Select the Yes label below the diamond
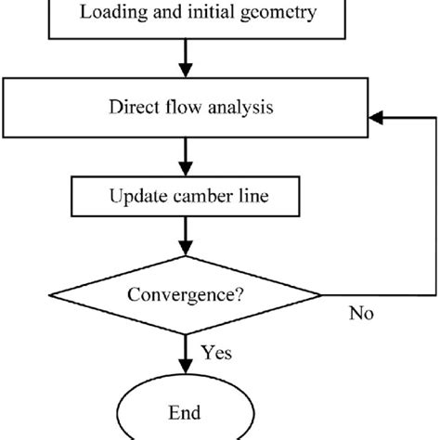(x=216, y=353)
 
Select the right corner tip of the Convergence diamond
(x=322, y=298)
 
